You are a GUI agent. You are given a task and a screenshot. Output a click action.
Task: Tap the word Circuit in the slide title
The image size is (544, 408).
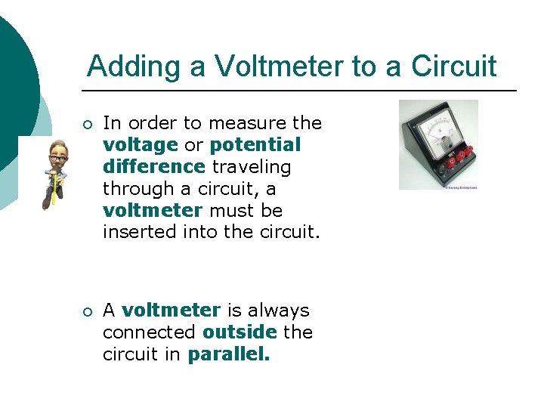click(x=453, y=67)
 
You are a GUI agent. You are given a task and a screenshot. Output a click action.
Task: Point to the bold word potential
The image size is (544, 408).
click(x=255, y=144)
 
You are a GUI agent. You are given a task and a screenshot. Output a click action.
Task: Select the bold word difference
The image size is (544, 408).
click(x=154, y=165)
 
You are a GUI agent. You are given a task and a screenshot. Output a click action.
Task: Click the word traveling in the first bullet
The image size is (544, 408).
click(x=251, y=165)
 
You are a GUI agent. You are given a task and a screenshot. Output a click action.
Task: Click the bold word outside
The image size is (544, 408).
click(x=240, y=332)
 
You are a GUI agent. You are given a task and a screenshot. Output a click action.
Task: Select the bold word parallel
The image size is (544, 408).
click(x=228, y=354)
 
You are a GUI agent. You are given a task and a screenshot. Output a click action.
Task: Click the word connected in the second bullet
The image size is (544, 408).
click(x=150, y=332)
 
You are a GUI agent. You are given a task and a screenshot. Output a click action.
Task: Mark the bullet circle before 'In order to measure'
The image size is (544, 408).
click(x=88, y=124)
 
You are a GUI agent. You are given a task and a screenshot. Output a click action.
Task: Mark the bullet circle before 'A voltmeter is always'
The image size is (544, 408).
click(x=88, y=311)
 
